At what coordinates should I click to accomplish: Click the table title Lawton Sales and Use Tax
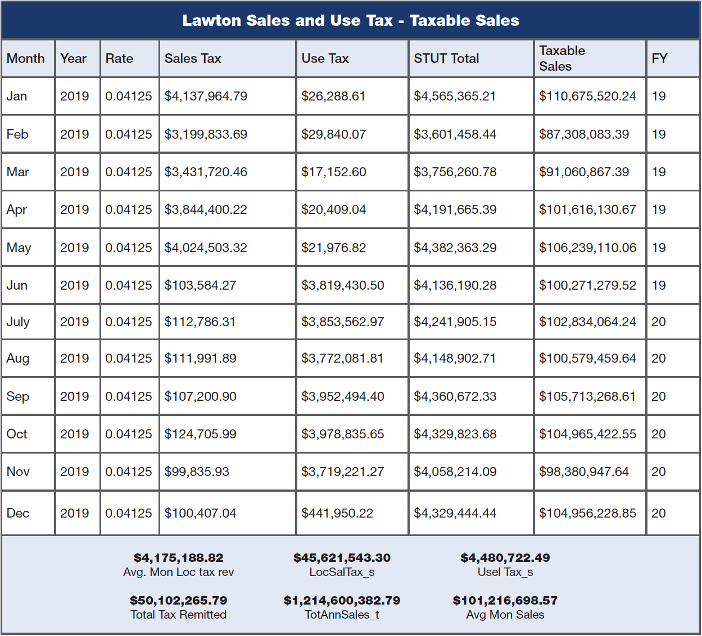point(351,21)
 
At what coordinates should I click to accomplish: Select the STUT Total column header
point(446,58)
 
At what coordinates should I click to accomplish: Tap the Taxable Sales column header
point(561,58)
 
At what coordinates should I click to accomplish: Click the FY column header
point(659,58)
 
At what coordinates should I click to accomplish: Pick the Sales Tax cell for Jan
point(206,96)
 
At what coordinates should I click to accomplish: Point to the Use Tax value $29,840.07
point(333,134)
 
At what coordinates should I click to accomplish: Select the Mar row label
point(17,172)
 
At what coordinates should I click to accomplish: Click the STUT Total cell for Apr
point(455,210)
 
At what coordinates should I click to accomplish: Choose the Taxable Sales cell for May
point(587,248)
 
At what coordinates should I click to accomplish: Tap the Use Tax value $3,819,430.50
point(343,285)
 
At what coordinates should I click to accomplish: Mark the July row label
point(18,322)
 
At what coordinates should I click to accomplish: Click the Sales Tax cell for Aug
point(200,358)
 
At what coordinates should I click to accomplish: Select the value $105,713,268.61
point(587,396)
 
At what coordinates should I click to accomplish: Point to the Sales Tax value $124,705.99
point(200,434)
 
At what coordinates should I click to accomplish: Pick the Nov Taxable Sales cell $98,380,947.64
point(584,472)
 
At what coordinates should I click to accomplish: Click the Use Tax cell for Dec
point(337,513)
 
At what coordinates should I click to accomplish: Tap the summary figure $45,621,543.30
point(342,558)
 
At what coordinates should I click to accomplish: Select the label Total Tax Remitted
point(179,615)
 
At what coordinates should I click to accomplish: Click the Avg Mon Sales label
point(505,615)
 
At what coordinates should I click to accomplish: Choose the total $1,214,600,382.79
point(342,601)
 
